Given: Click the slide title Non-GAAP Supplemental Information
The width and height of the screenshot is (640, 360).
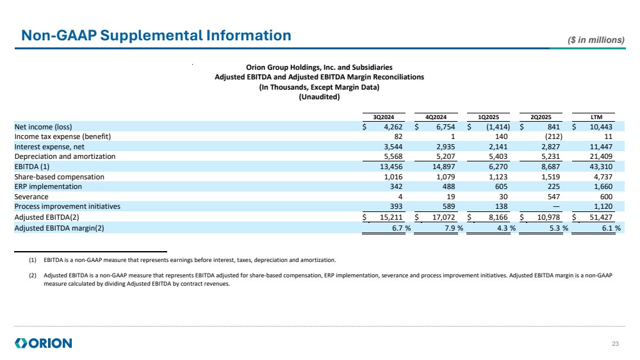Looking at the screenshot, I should pyautogui.click(x=156, y=35).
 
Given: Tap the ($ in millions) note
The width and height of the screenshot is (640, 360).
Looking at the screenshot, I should pyautogui.click(x=596, y=40).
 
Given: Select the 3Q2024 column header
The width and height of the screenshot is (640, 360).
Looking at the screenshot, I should pyautogui.click(x=384, y=116).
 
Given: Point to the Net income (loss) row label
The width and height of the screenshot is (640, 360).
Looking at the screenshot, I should pyautogui.click(x=44, y=126).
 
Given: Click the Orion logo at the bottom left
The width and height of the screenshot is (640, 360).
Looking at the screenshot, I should pyautogui.click(x=43, y=343).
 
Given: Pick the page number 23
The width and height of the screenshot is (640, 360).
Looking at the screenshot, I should pyautogui.click(x=616, y=345).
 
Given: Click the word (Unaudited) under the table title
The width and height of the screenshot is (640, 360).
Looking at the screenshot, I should pyautogui.click(x=319, y=97).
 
